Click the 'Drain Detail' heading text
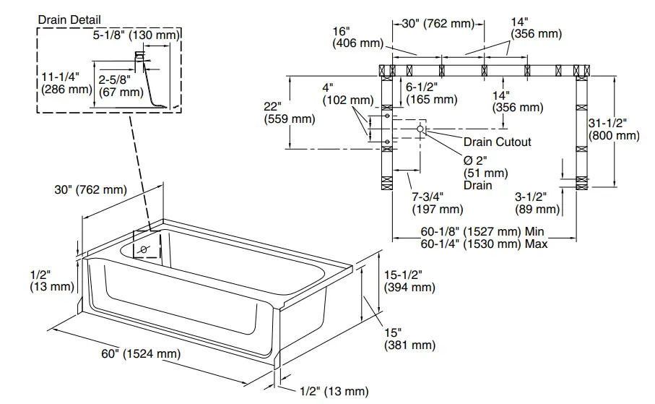click(69, 20)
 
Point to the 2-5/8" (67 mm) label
click(121, 85)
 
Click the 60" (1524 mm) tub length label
click(141, 354)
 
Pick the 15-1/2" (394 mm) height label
click(409, 280)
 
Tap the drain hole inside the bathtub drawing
click(144, 249)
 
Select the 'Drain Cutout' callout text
click(497, 142)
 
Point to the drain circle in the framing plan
click(420, 129)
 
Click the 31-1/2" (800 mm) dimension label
click(614, 128)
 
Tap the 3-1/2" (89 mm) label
click(537, 202)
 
